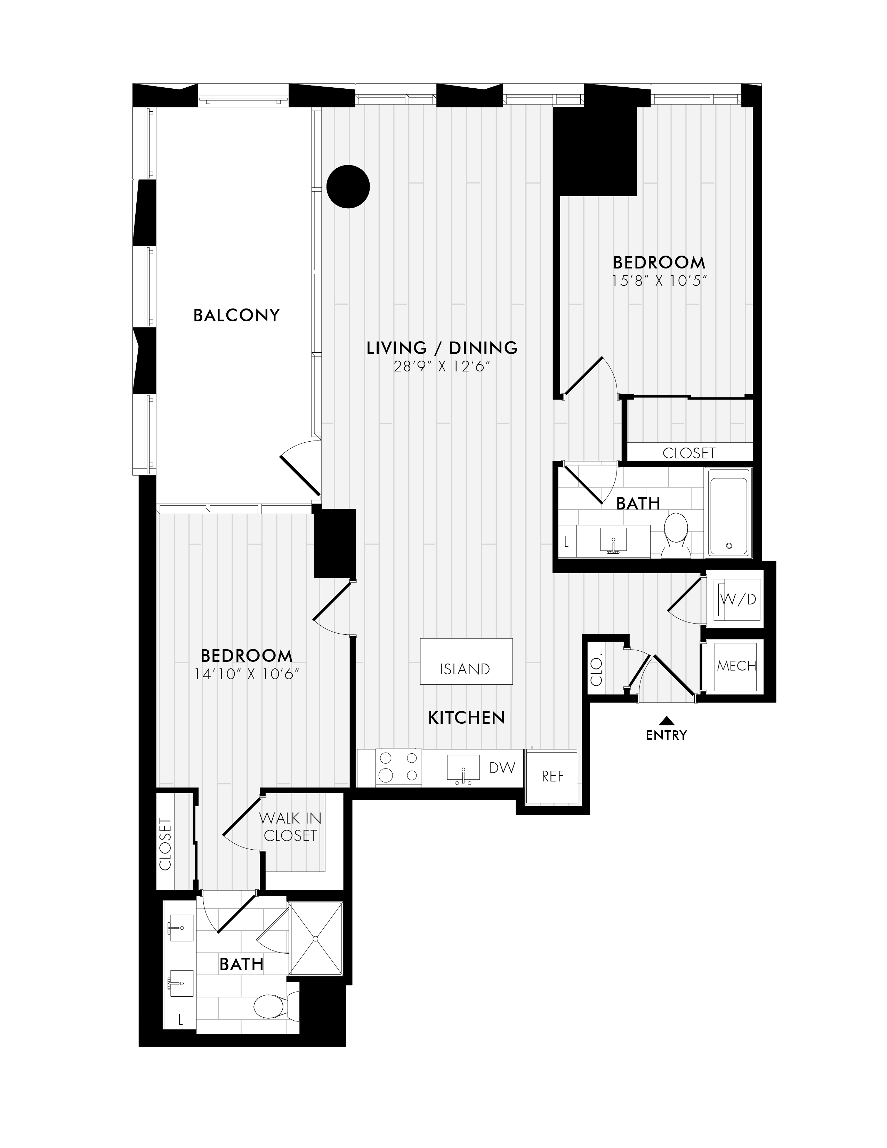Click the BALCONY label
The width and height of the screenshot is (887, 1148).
coord(236,315)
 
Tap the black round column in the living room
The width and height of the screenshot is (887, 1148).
coord(348,187)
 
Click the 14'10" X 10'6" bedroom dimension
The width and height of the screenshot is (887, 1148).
coord(247,674)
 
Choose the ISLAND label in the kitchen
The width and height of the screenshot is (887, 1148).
coord(465,669)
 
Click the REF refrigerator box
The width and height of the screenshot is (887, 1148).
coord(552,776)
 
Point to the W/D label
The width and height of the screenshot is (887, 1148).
coord(738,599)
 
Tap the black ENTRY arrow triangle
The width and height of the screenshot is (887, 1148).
coord(666,721)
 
